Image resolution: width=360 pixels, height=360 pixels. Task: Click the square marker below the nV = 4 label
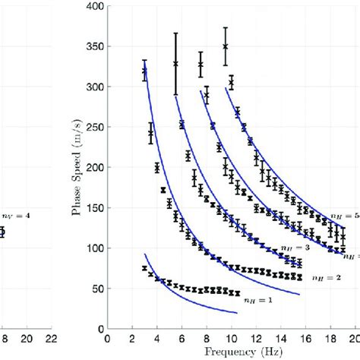[2, 232]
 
